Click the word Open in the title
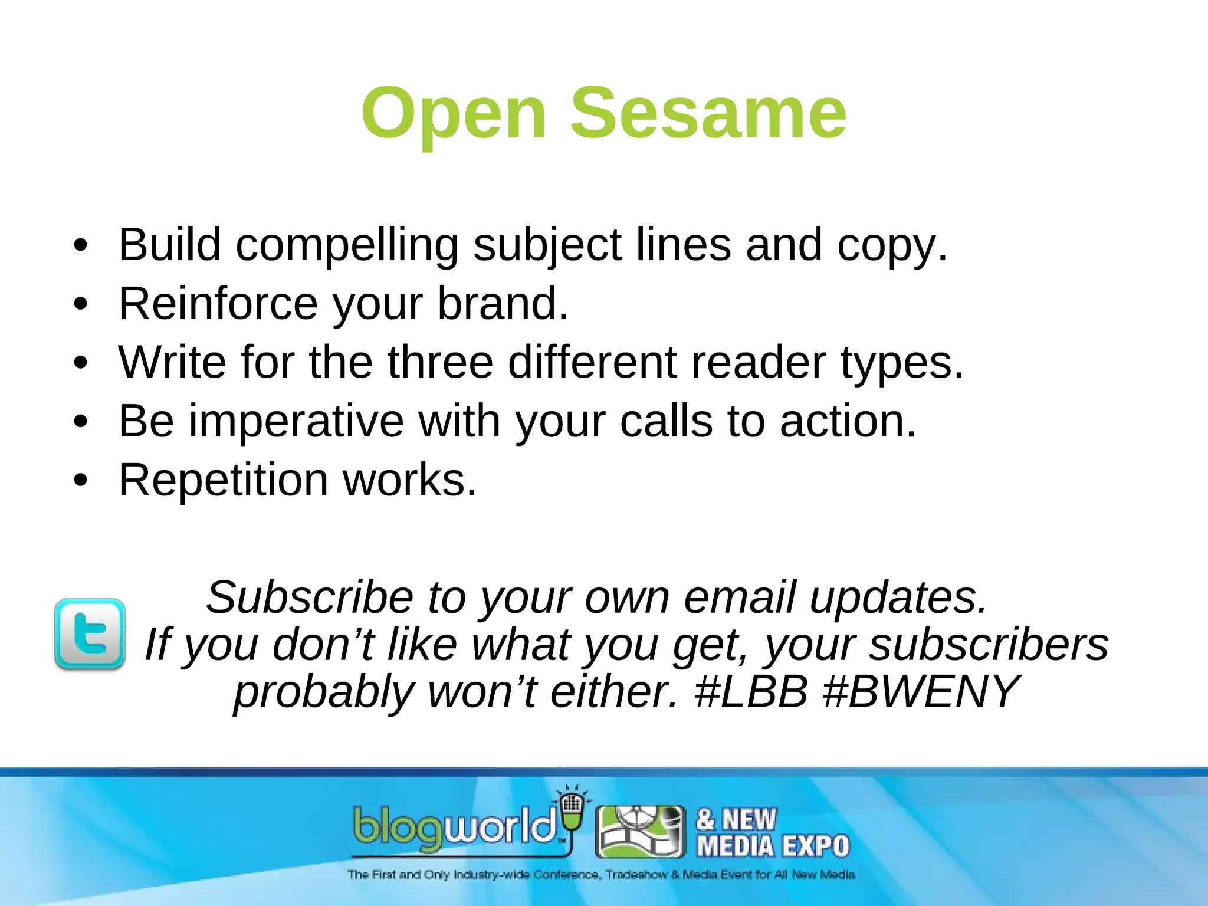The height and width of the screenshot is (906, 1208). (x=454, y=115)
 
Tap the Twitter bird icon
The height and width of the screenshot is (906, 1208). (x=90, y=633)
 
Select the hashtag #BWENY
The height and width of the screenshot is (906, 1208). (x=920, y=692)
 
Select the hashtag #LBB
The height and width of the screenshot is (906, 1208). (x=751, y=692)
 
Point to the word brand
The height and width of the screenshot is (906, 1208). (x=503, y=304)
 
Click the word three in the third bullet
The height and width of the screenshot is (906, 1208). (x=440, y=362)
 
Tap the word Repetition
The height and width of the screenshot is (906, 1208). (x=223, y=480)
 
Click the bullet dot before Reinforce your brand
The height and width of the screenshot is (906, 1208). (x=81, y=304)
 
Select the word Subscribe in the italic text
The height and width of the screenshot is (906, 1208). (x=310, y=598)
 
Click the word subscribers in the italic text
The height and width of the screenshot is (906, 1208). (x=989, y=645)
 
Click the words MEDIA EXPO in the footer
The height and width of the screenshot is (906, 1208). (x=773, y=846)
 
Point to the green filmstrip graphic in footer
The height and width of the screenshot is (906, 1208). (x=640, y=832)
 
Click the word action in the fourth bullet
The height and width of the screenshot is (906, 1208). (x=848, y=422)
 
